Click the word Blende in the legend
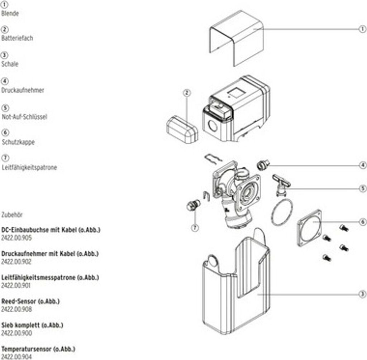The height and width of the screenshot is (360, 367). pos(10,13)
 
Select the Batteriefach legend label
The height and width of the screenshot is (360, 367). pos(17,38)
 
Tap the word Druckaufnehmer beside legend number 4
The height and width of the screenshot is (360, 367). pos(23,90)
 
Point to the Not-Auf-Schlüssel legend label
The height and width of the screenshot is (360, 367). pos(24,117)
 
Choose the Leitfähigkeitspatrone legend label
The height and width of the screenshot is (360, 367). pos(29,167)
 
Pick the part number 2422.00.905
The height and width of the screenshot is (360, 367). pos(16,237)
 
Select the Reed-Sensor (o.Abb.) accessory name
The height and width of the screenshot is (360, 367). pos(30,301)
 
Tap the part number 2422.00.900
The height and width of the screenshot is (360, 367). pos(16,333)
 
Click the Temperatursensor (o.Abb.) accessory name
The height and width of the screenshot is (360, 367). pos(38,349)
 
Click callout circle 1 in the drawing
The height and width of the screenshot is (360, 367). pos(362,29)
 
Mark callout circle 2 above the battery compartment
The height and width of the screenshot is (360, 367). pos(186,93)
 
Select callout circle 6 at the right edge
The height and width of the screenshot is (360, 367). pos(362,222)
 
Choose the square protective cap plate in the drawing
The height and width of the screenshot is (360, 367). pos(309,228)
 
